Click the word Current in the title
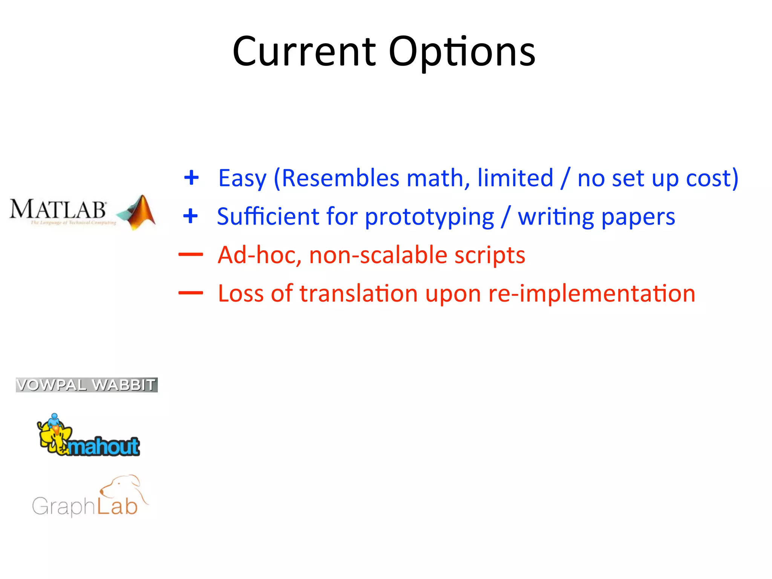click(304, 52)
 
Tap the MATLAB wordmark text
click(58, 209)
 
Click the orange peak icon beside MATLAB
click(138, 212)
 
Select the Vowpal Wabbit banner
click(86, 385)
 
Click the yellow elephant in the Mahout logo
click(55, 435)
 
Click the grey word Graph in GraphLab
click(63, 506)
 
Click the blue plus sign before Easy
click(191, 178)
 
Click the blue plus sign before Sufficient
click(190, 216)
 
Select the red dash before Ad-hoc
click(191, 255)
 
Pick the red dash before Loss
click(191, 293)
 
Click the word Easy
click(242, 178)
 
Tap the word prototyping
click(429, 217)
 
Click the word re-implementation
click(591, 294)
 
